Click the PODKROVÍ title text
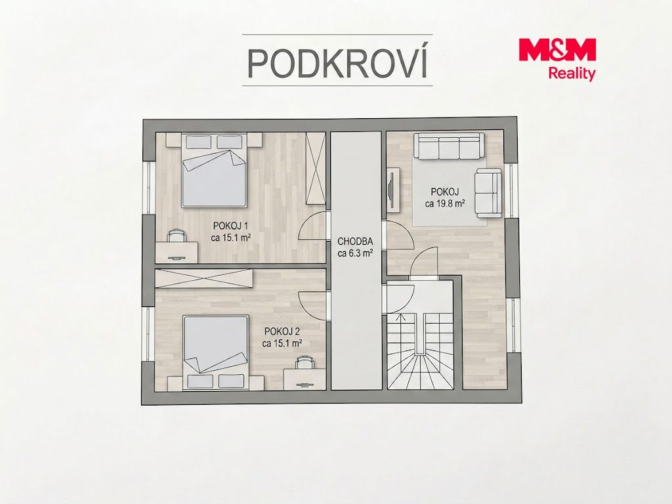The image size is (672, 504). pos(338,62)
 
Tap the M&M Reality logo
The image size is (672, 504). pos(557,59)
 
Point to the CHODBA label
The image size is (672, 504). pos(355,241)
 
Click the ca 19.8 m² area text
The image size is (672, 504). pos(446,203)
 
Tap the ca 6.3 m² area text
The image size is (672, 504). pos(355,253)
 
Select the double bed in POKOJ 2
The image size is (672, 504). pos(216,352)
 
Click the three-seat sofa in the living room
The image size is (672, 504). pos(449,146)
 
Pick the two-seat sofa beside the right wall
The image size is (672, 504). pos(488,193)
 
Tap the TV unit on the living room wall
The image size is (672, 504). pos(393,190)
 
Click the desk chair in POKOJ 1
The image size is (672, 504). pos(177,236)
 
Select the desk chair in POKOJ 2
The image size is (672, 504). pos(304,362)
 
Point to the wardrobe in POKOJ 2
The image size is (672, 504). pos(203,278)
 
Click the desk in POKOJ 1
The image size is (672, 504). pos(177,251)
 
